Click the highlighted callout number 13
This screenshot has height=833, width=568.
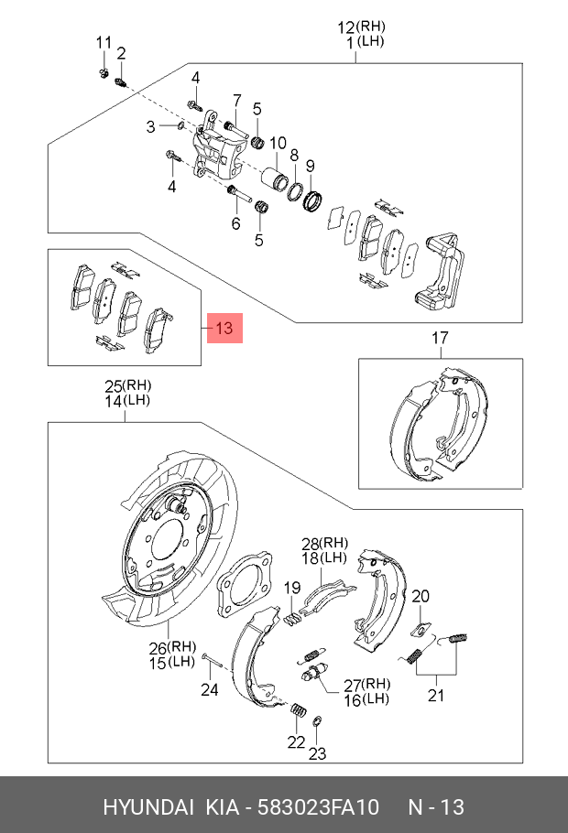pyautogui.click(x=225, y=327)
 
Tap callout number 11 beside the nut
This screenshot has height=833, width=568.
pyautogui.click(x=104, y=43)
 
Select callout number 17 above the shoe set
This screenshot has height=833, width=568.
pyautogui.click(x=441, y=340)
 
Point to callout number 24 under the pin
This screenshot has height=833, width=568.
pyautogui.click(x=210, y=689)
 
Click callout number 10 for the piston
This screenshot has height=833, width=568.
pyautogui.click(x=278, y=143)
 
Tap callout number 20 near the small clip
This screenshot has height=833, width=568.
pyautogui.click(x=420, y=596)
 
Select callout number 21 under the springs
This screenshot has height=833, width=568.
pyautogui.click(x=435, y=695)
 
